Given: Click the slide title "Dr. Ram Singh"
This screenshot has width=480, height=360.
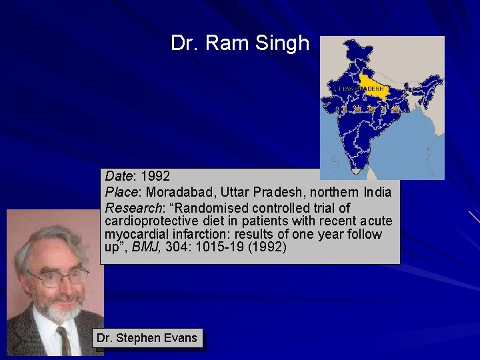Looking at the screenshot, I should click(240, 43).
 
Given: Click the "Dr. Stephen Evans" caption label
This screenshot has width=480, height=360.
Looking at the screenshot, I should click(147, 338).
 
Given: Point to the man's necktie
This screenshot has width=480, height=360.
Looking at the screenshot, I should click(64, 340).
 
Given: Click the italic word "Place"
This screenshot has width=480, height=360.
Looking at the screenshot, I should click(119, 192).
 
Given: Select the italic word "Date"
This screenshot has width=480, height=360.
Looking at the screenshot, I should click(119, 177).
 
